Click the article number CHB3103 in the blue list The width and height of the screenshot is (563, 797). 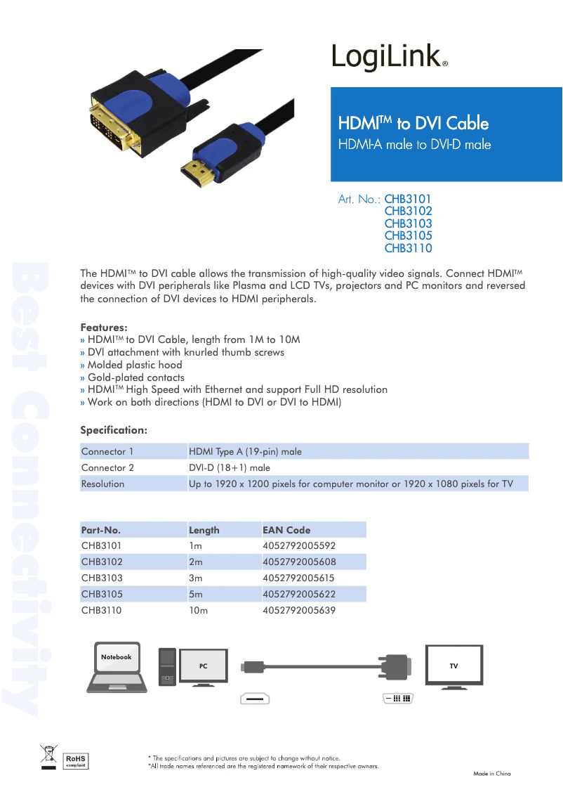408,223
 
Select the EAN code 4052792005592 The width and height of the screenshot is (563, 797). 299,545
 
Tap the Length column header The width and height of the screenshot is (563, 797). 204,530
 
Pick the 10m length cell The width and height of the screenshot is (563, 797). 199,610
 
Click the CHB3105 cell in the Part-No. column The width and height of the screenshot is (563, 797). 102,594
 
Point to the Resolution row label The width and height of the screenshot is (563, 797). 102,484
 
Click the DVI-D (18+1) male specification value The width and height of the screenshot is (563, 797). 230,467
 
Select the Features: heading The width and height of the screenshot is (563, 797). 104,328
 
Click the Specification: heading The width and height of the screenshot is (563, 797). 114,429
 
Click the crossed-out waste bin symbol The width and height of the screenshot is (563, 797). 48,757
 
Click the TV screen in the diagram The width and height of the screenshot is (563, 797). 453,665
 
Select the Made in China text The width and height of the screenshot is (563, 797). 491,774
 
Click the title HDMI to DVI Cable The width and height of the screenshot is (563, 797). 413,124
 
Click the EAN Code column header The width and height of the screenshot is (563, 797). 286,530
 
